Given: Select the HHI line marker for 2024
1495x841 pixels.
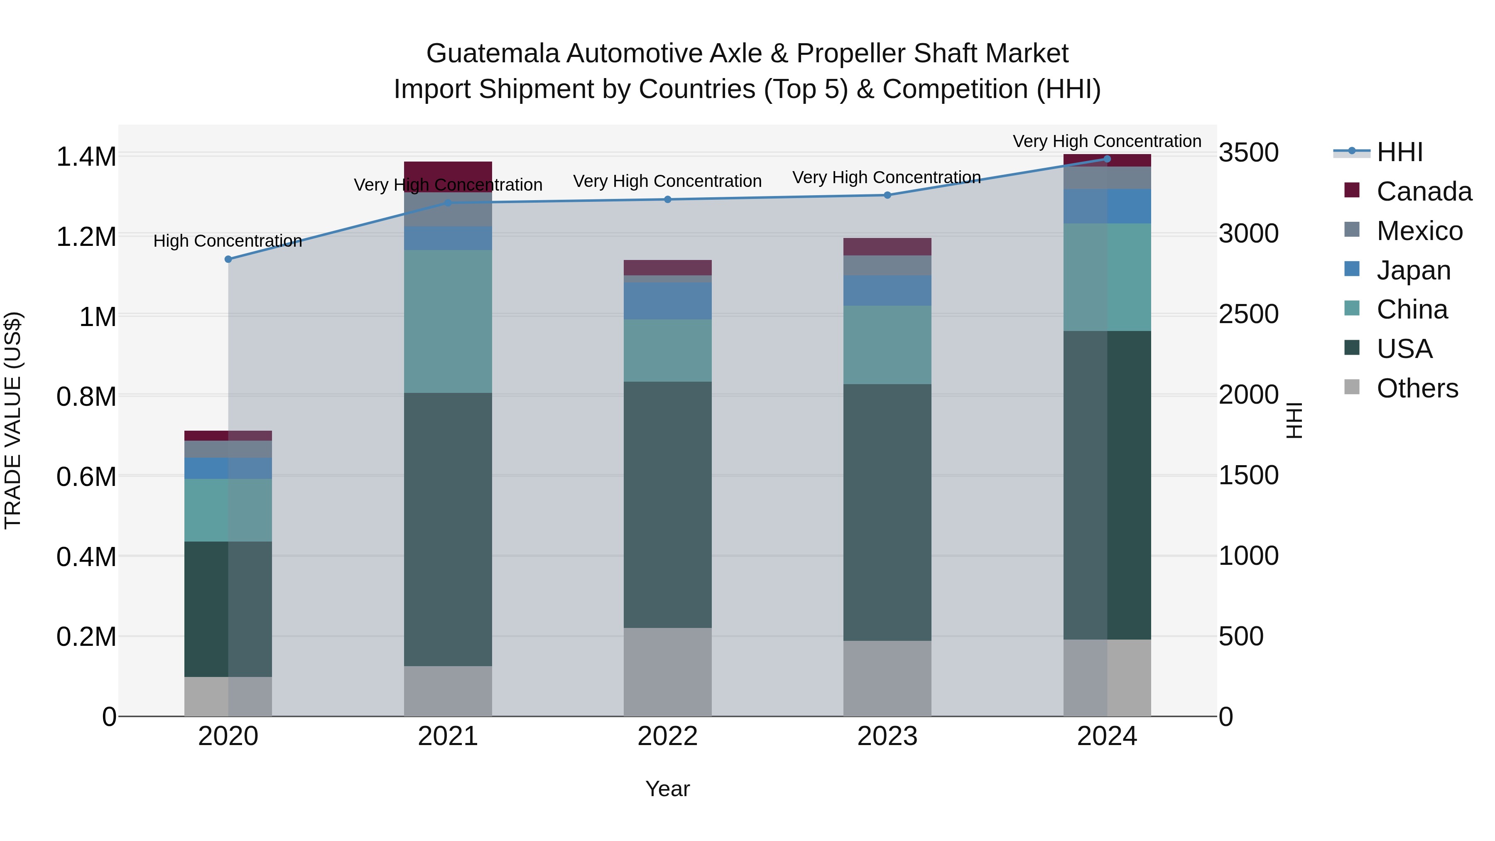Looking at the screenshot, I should tap(1107, 159).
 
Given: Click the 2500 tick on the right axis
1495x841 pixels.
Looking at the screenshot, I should tap(1248, 314).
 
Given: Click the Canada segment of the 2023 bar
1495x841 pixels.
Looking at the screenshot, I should tap(887, 247).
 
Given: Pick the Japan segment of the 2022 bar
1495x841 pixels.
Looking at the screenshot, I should tap(667, 301).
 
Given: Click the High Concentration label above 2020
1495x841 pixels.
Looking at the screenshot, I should tap(228, 241).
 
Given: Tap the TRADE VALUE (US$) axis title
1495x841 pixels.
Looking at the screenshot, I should tap(13, 420).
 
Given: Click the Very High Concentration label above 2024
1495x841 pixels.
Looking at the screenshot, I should tap(1107, 141).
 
